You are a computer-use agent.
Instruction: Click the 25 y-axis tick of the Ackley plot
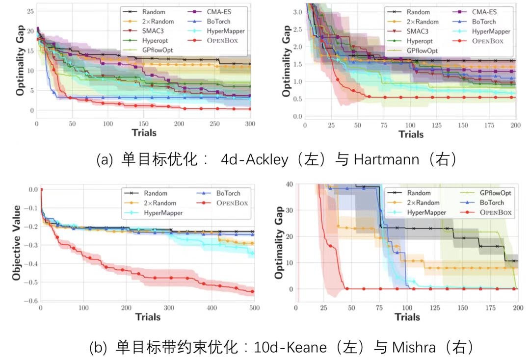pos(30,11)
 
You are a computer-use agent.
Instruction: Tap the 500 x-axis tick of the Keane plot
pos(253,308)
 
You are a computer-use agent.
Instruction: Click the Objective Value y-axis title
pos(17,243)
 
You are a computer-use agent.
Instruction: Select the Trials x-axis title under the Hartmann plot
pos(411,134)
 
